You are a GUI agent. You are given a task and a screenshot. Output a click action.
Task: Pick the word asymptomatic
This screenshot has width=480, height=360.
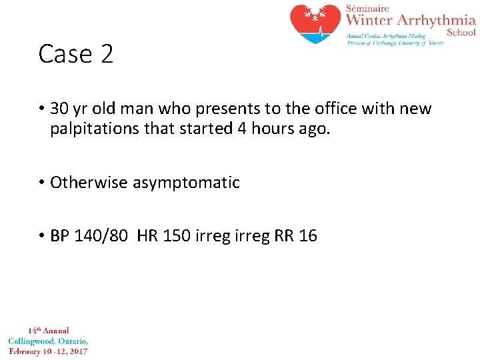(186, 183)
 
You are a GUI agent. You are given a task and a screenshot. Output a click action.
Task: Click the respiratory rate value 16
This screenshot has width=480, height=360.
(308, 236)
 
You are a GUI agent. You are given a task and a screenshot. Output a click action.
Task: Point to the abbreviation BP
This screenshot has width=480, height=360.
(60, 236)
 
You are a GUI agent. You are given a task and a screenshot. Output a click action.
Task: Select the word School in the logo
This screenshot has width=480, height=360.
(461, 32)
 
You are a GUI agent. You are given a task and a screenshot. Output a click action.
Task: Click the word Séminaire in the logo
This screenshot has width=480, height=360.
(369, 7)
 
